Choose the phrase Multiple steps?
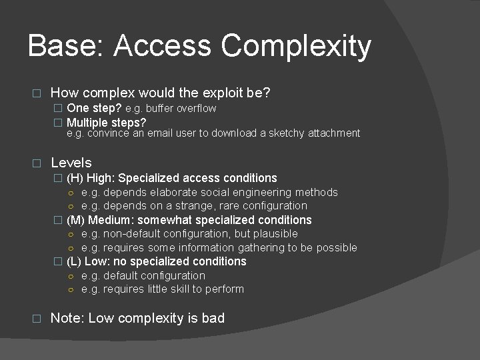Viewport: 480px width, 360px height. (107, 123)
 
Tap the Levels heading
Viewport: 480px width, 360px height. (71, 162)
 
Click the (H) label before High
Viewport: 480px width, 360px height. (75, 178)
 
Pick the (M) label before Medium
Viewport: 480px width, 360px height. (76, 220)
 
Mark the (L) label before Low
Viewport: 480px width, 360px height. (75, 261)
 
